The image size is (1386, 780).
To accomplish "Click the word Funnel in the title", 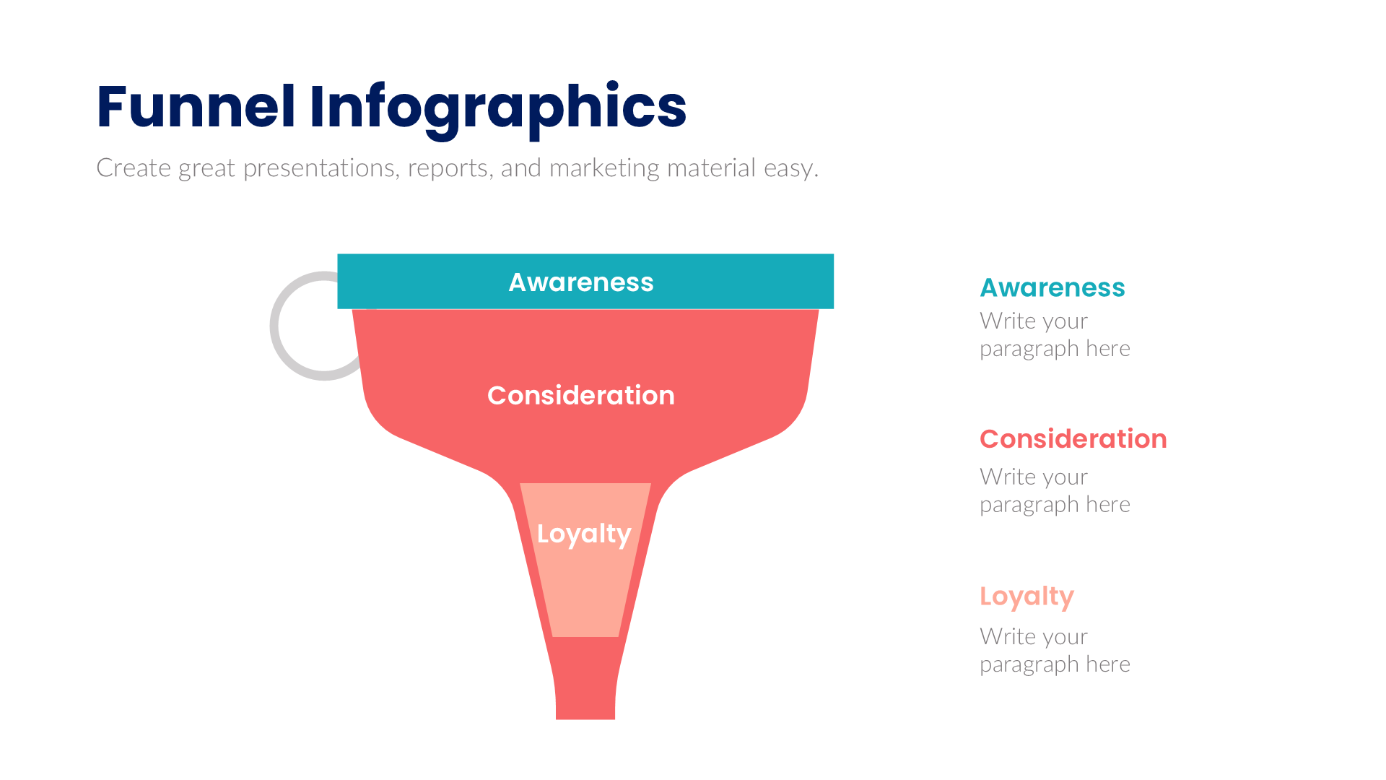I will click(196, 107).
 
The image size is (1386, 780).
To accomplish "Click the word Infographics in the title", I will click(497, 108).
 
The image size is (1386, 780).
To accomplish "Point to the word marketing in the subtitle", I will click(604, 168).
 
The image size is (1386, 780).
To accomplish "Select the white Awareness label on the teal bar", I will click(581, 282).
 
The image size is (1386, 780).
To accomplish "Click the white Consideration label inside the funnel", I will click(581, 396).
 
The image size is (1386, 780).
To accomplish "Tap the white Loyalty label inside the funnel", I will click(584, 534).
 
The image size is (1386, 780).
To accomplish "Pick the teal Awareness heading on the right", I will click(1052, 287).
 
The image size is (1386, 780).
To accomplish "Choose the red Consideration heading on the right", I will click(1073, 439).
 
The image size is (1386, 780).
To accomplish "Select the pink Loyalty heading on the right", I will click(1027, 597).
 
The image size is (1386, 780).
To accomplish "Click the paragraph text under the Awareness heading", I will click(1054, 335).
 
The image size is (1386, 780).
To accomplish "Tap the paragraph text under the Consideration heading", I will click(1054, 491).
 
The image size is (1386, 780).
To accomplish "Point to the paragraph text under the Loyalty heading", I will click(1054, 651).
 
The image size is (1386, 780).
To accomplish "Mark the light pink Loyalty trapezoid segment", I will click(585, 592).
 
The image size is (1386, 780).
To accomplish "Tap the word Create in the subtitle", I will click(134, 168).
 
